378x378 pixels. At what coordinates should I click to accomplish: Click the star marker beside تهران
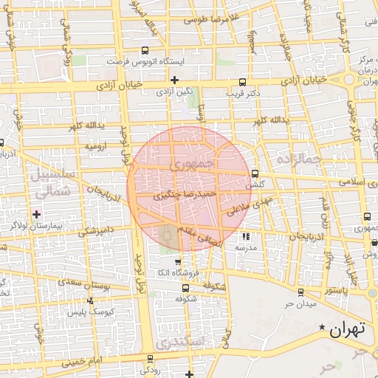point(321,327)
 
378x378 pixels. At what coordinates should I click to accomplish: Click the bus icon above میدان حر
point(300,293)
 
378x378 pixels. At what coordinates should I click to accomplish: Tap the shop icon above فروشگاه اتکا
point(177,262)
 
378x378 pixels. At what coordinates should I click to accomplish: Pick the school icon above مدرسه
point(246,237)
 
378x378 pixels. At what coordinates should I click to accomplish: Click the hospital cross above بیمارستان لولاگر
point(37,214)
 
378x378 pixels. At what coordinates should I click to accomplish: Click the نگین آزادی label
point(174,92)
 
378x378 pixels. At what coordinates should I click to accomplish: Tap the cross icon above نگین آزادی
point(174,80)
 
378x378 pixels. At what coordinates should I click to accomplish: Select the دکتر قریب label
point(244,93)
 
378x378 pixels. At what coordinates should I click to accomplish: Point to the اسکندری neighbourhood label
point(175,343)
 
